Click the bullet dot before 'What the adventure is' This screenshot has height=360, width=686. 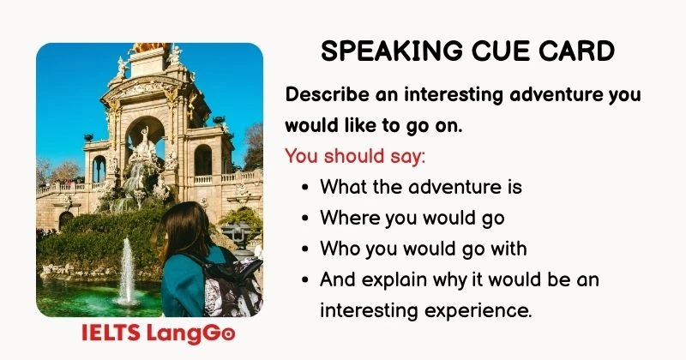[x=307, y=187]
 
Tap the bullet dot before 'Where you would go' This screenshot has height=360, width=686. [x=307, y=218]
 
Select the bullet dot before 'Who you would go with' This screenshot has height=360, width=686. [x=307, y=249]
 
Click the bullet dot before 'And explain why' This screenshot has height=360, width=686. [x=307, y=279]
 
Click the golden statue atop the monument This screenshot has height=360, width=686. [x=150, y=48]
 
